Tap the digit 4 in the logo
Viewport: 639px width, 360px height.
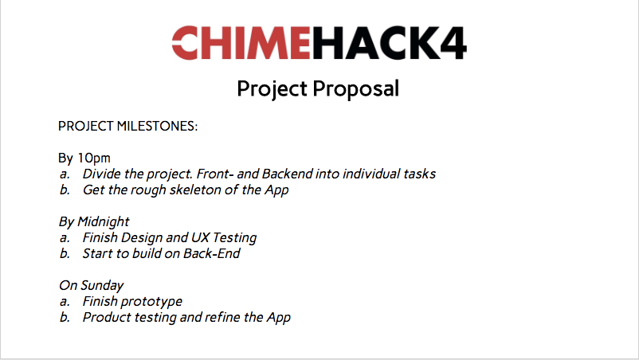click(x=453, y=43)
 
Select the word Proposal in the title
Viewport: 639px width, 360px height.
click(x=356, y=88)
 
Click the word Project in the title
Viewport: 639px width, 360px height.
click(x=272, y=88)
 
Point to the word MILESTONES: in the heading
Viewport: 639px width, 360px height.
click(x=157, y=127)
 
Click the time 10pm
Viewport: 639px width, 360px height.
click(x=94, y=158)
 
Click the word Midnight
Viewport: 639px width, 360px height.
click(x=103, y=222)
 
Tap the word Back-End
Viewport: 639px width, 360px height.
click(x=211, y=253)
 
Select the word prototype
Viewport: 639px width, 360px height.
click(x=157, y=302)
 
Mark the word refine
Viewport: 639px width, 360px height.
click(x=222, y=317)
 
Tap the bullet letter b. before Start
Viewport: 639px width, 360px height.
click(x=65, y=253)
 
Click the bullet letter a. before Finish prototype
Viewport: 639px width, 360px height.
click(x=65, y=302)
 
